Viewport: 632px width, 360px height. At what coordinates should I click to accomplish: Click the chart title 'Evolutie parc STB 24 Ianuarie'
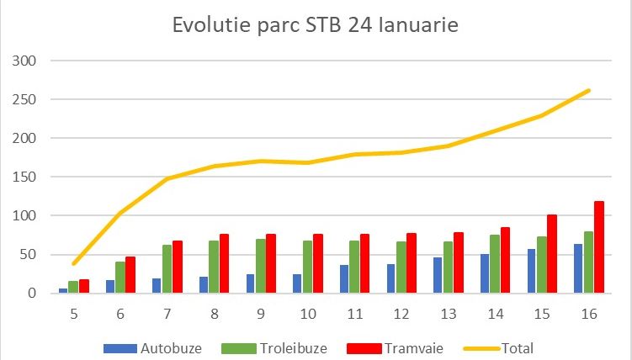pyautogui.click(x=315, y=25)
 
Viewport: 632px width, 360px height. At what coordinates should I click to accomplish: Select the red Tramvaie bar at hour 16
pyautogui.click(x=600, y=247)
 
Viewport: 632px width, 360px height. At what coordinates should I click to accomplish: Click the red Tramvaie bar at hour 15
pyautogui.click(x=553, y=254)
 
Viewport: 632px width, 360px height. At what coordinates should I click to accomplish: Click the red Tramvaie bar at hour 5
pyautogui.click(x=84, y=286)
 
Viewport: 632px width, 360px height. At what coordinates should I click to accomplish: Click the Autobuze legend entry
pyautogui.click(x=160, y=347)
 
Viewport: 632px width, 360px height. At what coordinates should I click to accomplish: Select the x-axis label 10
pyautogui.click(x=309, y=314)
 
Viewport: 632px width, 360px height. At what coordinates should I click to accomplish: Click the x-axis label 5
pyautogui.click(x=75, y=314)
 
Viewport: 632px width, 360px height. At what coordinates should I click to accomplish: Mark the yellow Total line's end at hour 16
pyautogui.click(x=588, y=90)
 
